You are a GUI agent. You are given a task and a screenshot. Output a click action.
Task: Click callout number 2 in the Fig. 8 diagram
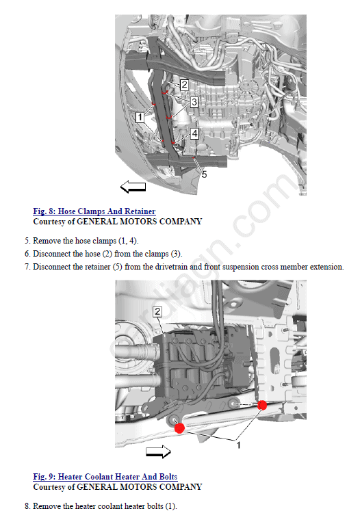pyautogui.click(x=184, y=85)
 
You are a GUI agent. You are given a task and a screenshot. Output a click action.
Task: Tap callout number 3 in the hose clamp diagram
pyautogui.click(x=194, y=102)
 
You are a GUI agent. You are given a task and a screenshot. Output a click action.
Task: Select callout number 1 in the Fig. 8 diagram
pyautogui.click(x=140, y=117)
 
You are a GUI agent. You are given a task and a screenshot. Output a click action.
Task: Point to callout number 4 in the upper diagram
pyautogui.click(x=194, y=133)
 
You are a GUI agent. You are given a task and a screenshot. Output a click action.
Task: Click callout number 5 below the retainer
pyautogui.click(x=204, y=174)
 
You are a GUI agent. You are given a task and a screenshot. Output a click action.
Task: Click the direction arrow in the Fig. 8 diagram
pyautogui.click(x=133, y=187)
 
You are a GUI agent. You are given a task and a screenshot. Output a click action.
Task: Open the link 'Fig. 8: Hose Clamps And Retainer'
pyautogui.click(x=94, y=211)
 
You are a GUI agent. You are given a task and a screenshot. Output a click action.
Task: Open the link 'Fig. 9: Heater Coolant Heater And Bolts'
pyautogui.click(x=105, y=477)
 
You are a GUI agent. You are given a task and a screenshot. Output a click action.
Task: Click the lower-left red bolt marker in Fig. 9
pyautogui.click(x=179, y=428)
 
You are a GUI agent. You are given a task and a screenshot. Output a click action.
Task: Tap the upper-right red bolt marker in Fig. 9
pyautogui.click(x=262, y=406)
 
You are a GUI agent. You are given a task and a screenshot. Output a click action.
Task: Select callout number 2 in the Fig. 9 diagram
pyautogui.click(x=157, y=312)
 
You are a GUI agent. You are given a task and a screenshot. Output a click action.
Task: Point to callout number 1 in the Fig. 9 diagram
pyautogui.click(x=238, y=445)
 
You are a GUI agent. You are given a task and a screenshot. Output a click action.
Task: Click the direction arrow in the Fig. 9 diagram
pyautogui.click(x=158, y=451)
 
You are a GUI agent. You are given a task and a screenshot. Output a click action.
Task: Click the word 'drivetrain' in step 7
pyautogui.click(x=171, y=267)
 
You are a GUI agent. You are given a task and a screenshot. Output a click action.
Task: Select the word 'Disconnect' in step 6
pyautogui.click(x=49, y=254)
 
